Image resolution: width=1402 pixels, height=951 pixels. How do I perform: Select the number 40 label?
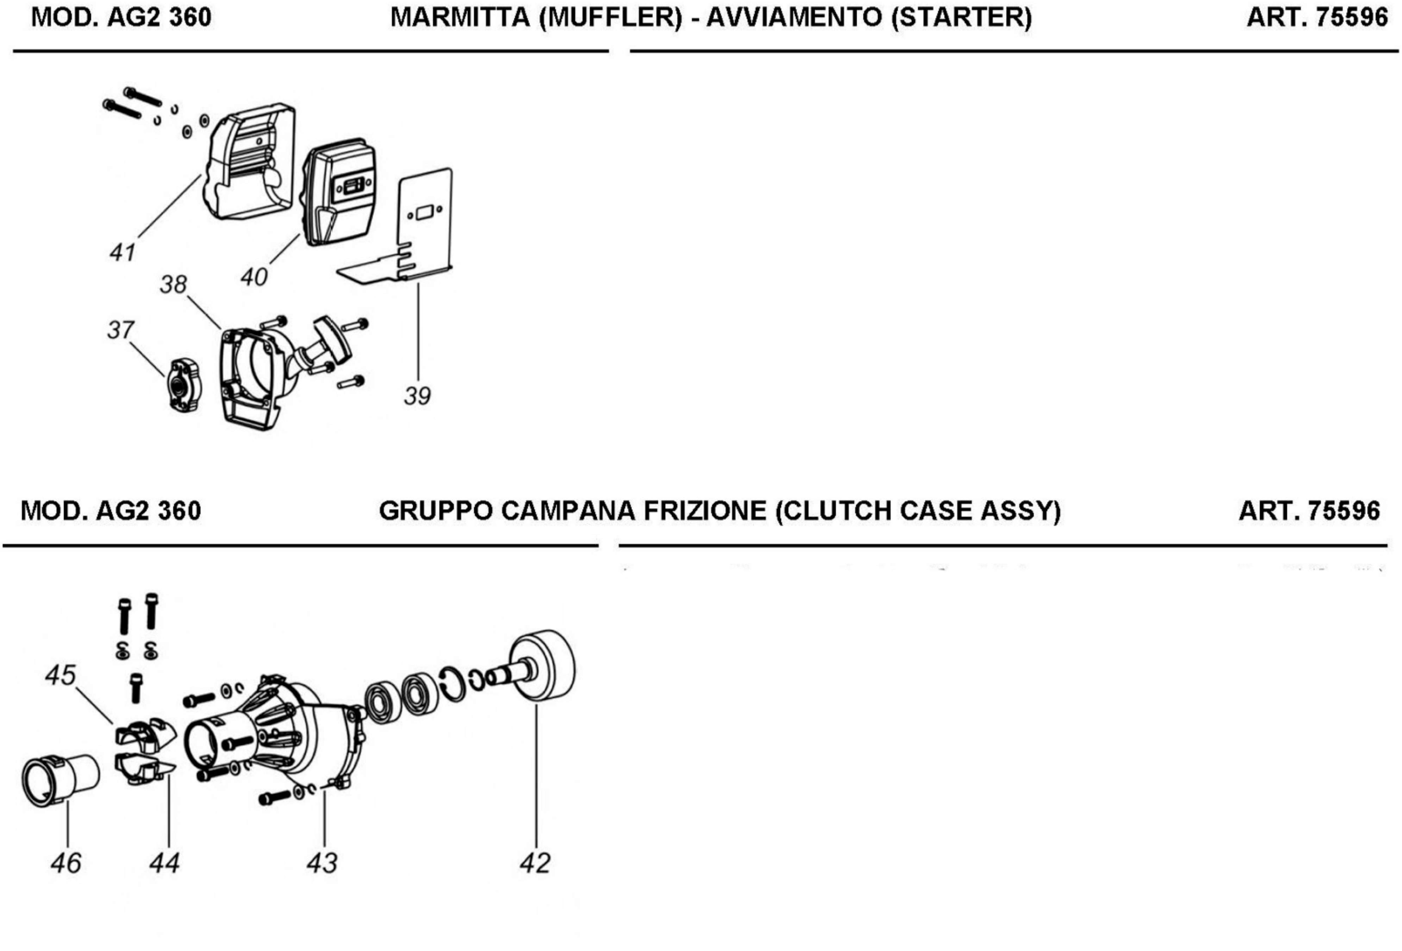click(x=254, y=277)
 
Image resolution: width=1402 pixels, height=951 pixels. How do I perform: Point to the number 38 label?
click(x=174, y=285)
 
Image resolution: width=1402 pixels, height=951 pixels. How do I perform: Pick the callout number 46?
click(x=66, y=864)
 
